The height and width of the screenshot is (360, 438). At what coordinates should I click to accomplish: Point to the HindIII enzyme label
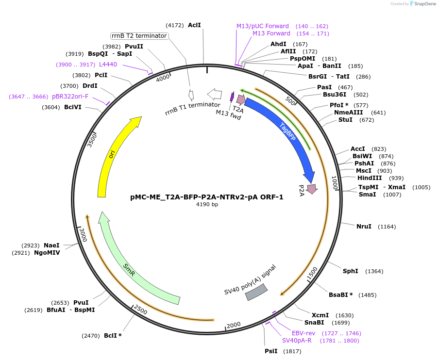point(370,178)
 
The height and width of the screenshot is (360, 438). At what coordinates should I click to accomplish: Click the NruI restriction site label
point(364,227)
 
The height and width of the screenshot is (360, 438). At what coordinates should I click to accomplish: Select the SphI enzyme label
point(351,271)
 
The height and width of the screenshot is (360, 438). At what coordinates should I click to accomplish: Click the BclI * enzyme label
point(113,335)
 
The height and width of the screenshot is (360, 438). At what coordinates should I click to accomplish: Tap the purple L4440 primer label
point(108,64)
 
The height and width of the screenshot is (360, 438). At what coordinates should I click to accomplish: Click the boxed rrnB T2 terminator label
point(139,36)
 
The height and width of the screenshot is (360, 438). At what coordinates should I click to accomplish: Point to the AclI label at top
point(194,25)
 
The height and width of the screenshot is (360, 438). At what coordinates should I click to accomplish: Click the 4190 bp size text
point(207,205)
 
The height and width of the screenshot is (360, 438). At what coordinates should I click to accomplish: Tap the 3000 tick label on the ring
point(83,235)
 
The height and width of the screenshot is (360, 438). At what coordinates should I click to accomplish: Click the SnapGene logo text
point(425,4)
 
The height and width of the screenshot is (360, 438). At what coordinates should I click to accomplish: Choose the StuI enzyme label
point(346,120)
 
